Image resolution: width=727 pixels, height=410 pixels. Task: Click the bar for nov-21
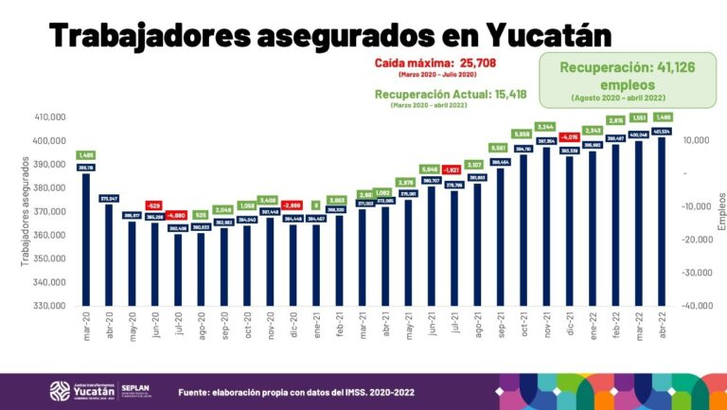click(x=545, y=226)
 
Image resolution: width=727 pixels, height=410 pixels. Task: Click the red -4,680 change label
click(x=177, y=215)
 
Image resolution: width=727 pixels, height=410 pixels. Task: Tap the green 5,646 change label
click(x=431, y=169)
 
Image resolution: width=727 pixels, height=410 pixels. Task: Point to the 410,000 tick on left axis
click(x=48, y=116)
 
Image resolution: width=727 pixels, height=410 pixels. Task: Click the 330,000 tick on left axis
click(x=48, y=306)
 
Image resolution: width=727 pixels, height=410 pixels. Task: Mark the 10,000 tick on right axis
click(x=696, y=140)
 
